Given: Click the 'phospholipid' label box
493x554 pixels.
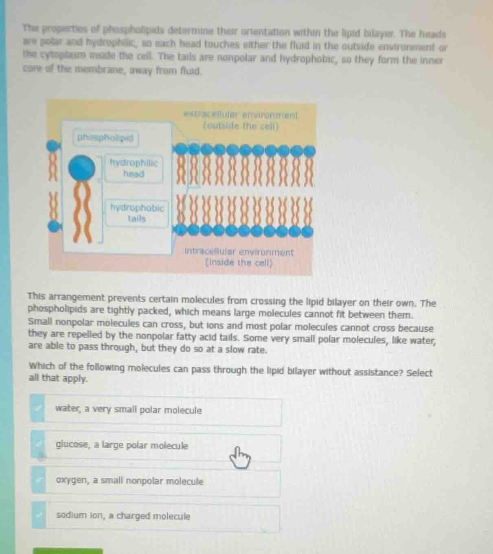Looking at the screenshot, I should click(x=106, y=138).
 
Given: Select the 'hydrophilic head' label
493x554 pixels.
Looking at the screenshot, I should click(x=134, y=168).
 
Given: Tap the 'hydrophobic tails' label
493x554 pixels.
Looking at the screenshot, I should click(x=137, y=213).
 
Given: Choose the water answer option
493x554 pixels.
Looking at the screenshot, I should click(x=162, y=411).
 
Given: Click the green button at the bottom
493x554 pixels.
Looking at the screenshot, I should click(x=68, y=551).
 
